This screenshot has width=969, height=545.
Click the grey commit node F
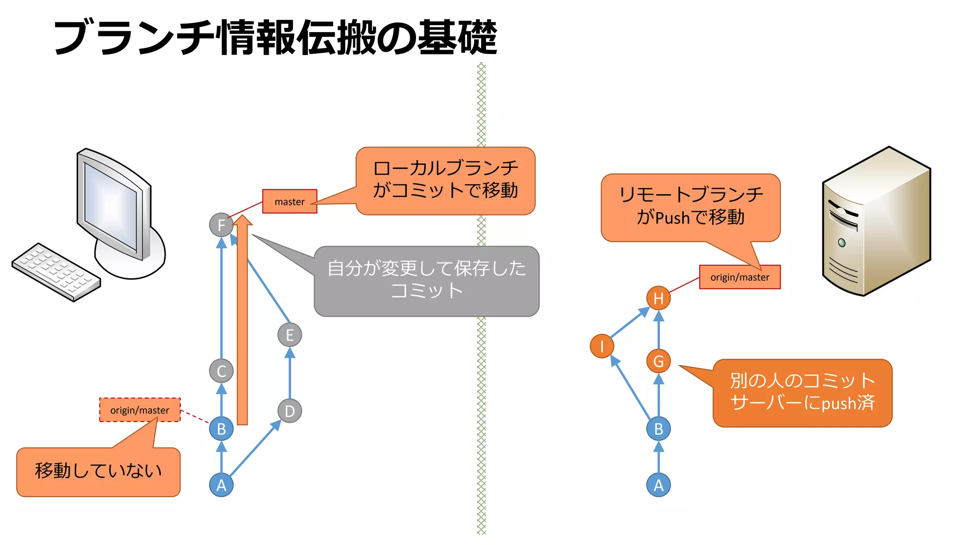(x=221, y=225)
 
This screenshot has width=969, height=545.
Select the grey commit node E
(x=290, y=335)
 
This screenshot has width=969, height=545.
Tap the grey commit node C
(x=221, y=371)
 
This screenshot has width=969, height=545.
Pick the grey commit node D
(x=290, y=411)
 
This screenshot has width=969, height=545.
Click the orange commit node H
(x=658, y=298)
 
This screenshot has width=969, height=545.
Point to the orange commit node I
(x=601, y=346)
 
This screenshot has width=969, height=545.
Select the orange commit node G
(x=658, y=361)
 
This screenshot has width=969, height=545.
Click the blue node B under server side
(x=658, y=429)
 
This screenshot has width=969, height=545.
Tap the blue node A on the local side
(x=221, y=485)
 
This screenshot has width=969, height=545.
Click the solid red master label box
(x=290, y=202)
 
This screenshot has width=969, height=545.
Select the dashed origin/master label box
(x=140, y=410)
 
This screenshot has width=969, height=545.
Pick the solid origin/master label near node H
(x=740, y=277)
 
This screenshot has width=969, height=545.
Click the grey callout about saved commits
(x=426, y=281)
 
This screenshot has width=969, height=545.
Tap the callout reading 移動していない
(x=98, y=472)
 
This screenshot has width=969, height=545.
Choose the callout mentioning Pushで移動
(x=690, y=207)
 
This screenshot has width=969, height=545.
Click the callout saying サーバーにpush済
(x=802, y=393)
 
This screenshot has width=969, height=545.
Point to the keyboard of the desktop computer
(x=56, y=272)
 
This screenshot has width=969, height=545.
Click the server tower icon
(x=876, y=221)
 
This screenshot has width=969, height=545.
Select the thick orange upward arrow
(x=242, y=322)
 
